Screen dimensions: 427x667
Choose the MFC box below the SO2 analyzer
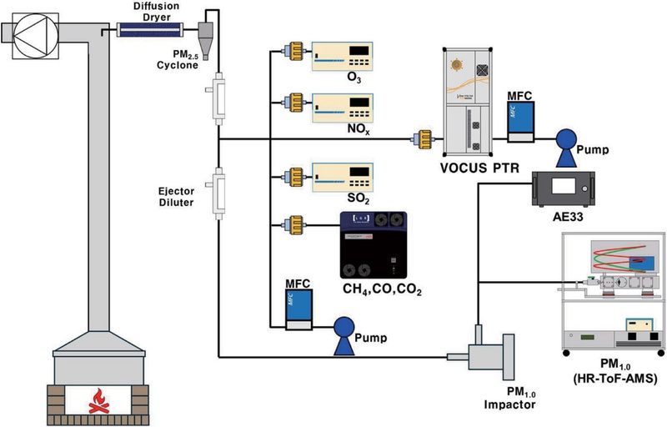[x=299, y=309]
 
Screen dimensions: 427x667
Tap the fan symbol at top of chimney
[x=28, y=32]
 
